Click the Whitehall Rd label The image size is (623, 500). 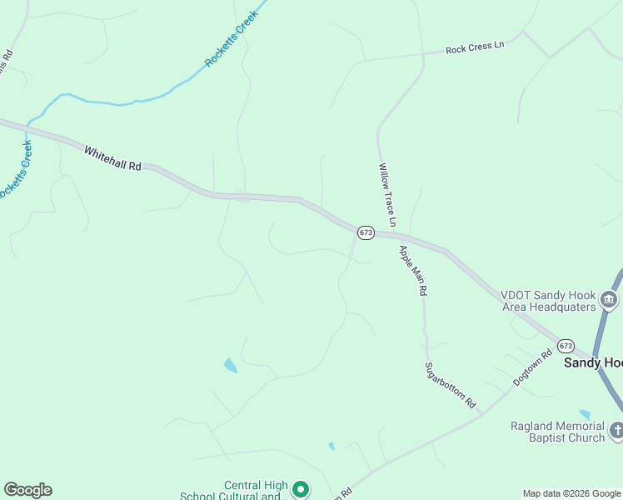pyautogui.click(x=112, y=158)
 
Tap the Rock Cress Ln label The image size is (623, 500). pyautogui.click(x=475, y=49)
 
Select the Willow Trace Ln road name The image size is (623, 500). pyautogui.click(x=387, y=194)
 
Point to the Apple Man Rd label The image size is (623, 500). pyautogui.click(x=412, y=271)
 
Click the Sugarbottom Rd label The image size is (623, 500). pyautogui.click(x=450, y=385)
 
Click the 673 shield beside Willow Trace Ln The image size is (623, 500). pyautogui.click(x=366, y=232)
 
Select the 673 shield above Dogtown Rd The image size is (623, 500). pyautogui.click(x=566, y=345)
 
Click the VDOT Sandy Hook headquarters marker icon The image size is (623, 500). pyautogui.click(x=610, y=300)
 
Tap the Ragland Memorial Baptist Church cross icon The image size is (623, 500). pyautogui.click(x=616, y=431)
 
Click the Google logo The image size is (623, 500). pyautogui.click(x=27, y=490)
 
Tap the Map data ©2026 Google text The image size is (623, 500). pyautogui.click(x=572, y=493)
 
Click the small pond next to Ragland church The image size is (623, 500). pyautogui.click(x=585, y=414)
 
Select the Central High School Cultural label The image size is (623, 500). pyautogui.click(x=233, y=491)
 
